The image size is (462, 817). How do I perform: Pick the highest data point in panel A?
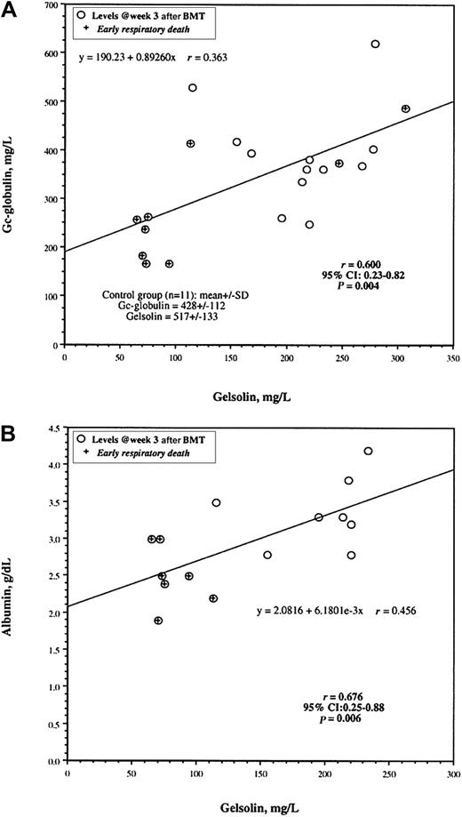375,44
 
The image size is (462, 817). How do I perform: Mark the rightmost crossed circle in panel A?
405,108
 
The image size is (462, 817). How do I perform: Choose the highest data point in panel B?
368,451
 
